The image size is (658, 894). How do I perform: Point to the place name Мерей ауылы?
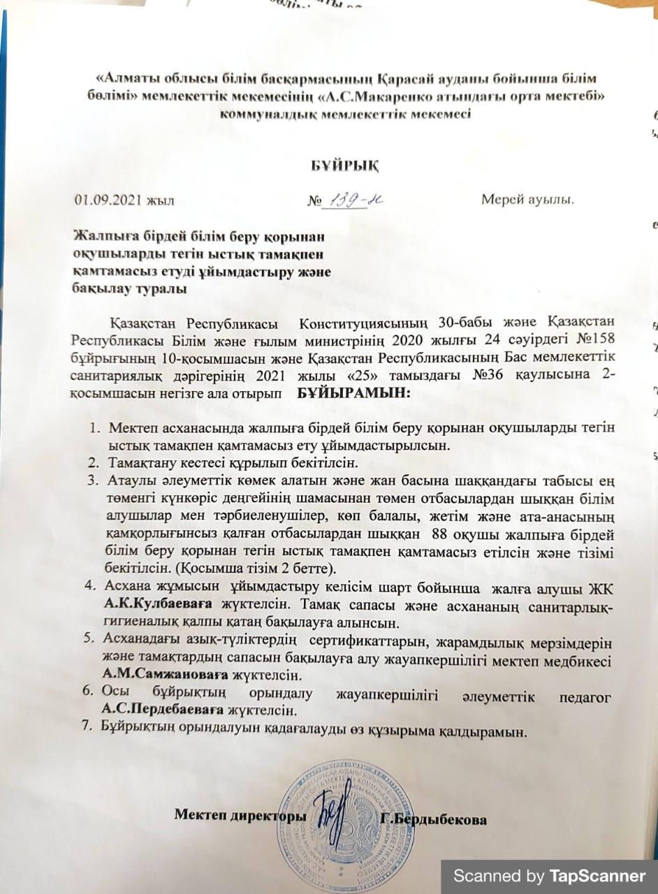527,201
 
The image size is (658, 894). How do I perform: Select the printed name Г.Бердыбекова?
433,819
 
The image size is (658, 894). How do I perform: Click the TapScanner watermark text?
549,876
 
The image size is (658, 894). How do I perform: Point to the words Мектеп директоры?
240,815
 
